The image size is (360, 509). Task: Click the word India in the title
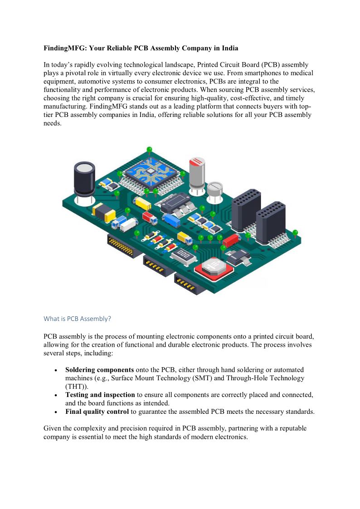point(229,48)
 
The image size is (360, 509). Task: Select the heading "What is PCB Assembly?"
point(77,319)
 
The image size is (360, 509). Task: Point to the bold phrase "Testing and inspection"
point(100,395)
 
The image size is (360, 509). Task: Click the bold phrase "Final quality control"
point(97,412)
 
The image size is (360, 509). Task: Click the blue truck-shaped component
point(171,220)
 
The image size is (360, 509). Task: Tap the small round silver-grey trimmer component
point(214,189)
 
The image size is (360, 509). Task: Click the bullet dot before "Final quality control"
point(55,412)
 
